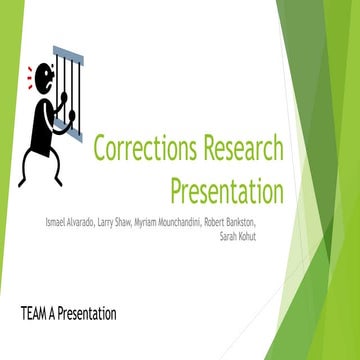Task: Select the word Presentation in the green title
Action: [x=227, y=189]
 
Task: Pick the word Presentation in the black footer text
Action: [x=87, y=313]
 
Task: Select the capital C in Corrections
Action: [x=100, y=150]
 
